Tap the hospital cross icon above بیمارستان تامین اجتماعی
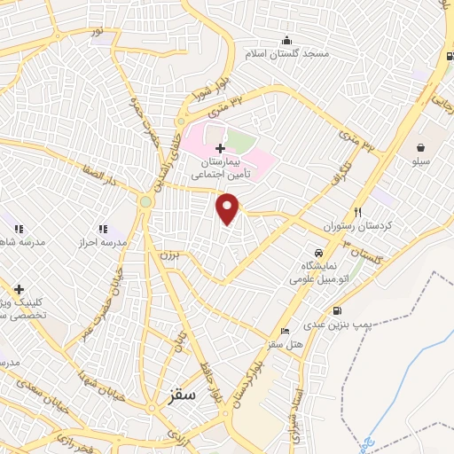click(220, 145)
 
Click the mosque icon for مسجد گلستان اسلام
click(286, 40)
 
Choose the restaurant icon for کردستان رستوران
click(358, 211)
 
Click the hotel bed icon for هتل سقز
click(284, 330)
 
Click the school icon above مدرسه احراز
click(104, 228)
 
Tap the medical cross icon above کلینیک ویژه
click(18, 288)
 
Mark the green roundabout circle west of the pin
click(145, 202)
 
